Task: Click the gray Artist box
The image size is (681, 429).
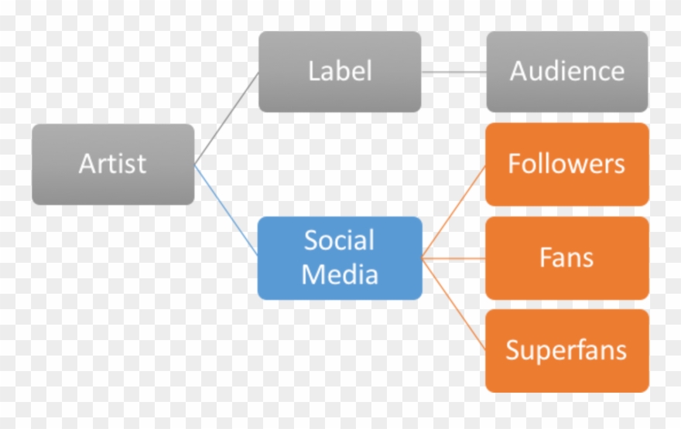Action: (x=113, y=164)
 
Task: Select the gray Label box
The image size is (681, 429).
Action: (x=340, y=72)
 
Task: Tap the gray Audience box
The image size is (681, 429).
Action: (x=566, y=72)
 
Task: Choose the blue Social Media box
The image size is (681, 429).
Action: (x=340, y=258)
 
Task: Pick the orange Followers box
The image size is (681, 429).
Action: (x=566, y=164)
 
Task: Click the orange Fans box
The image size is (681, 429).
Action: (x=566, y=258)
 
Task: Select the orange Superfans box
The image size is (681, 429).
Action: (x=566, y=351)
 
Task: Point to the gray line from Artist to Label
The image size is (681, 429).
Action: (x=226, y=118)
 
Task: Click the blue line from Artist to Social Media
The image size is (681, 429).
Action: (x=226, y=210)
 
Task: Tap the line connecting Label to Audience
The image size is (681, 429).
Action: (x=454, y=73)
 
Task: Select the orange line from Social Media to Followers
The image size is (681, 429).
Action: (x=454, y=211)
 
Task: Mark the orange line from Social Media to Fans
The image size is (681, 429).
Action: (x=454, y=258)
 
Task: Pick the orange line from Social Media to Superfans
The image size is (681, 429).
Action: (x=454, y=304)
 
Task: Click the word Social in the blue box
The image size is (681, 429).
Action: (x=339, y=240)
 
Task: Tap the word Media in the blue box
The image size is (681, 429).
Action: (x=340, y=274)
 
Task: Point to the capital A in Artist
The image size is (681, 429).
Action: (x=87, y=164)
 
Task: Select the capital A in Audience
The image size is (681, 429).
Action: (x=519, y=72)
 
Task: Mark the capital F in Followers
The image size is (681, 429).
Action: (x=514, y=164)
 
